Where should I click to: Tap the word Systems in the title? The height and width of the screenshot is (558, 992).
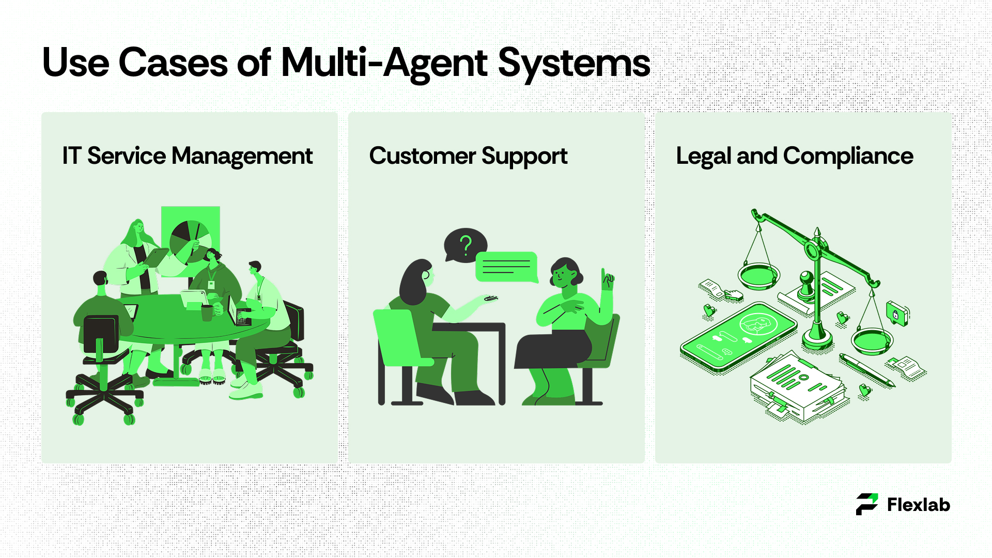coord(574,63)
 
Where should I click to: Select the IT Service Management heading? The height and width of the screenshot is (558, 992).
coord(187,156)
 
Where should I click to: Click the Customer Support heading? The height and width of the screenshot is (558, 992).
coord(468,156)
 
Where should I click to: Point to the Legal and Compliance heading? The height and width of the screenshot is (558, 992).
coord(794,156)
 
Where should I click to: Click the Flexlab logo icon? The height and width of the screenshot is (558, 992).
coord(866,504)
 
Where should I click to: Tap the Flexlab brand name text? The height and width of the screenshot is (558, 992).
coord(919,505)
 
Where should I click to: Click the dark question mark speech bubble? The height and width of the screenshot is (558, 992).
coord(464,245)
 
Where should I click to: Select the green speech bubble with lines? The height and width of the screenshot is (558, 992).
coord(506,267)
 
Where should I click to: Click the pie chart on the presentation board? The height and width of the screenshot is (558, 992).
coord(190,240)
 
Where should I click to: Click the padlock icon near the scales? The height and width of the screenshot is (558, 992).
coord(897,313)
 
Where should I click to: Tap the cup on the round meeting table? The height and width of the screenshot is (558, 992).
coord(207,312)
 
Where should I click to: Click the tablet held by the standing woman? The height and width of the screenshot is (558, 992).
coord(157,257)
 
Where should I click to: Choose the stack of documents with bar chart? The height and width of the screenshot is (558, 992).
coord(796,388)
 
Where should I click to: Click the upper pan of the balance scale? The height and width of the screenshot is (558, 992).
coord(758,276)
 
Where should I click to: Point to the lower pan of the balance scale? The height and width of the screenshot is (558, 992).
coord(872,341)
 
